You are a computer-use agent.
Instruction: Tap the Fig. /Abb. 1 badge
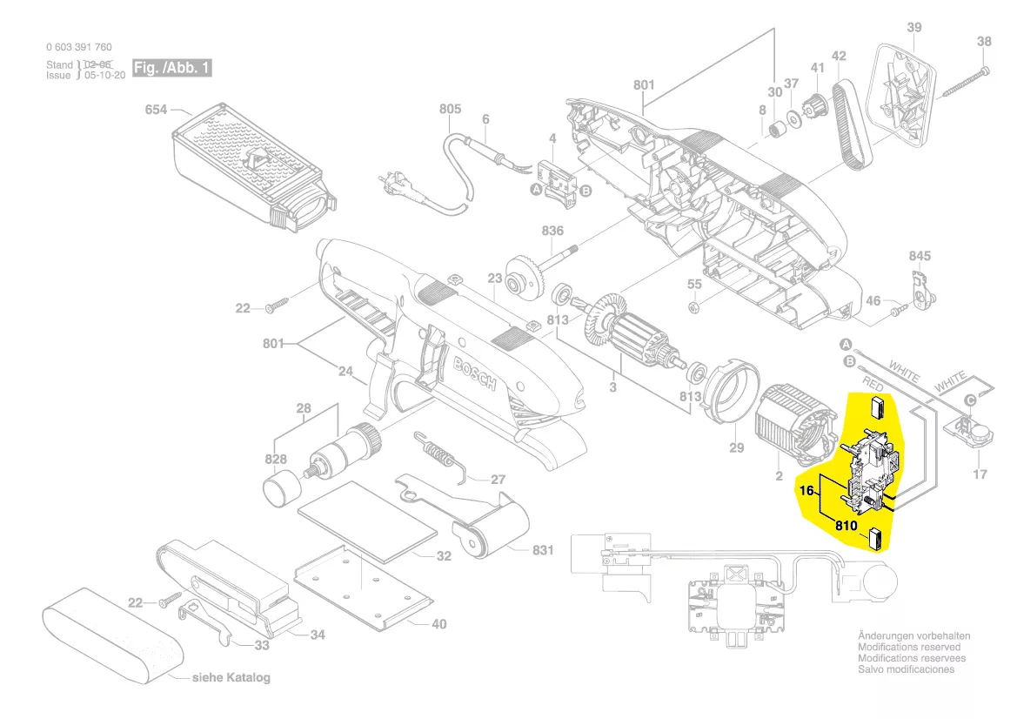tap(171, 68)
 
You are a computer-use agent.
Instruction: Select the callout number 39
tap(913, 28)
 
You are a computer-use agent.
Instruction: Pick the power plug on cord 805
tap(391, 183)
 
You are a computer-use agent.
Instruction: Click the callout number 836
tap(552, 231)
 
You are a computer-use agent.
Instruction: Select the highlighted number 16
tap(806, 491)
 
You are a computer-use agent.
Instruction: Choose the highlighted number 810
tap(846, 526)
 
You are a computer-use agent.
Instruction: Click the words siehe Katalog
tap(231, 677)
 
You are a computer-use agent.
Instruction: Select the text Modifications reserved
tap(909, 648)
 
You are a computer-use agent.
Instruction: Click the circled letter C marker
tap(967, 400)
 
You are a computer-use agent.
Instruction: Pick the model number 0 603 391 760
tap(78, 47)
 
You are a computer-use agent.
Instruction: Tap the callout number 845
tap(920, 256)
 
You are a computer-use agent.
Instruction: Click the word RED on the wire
tap(872, 384)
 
